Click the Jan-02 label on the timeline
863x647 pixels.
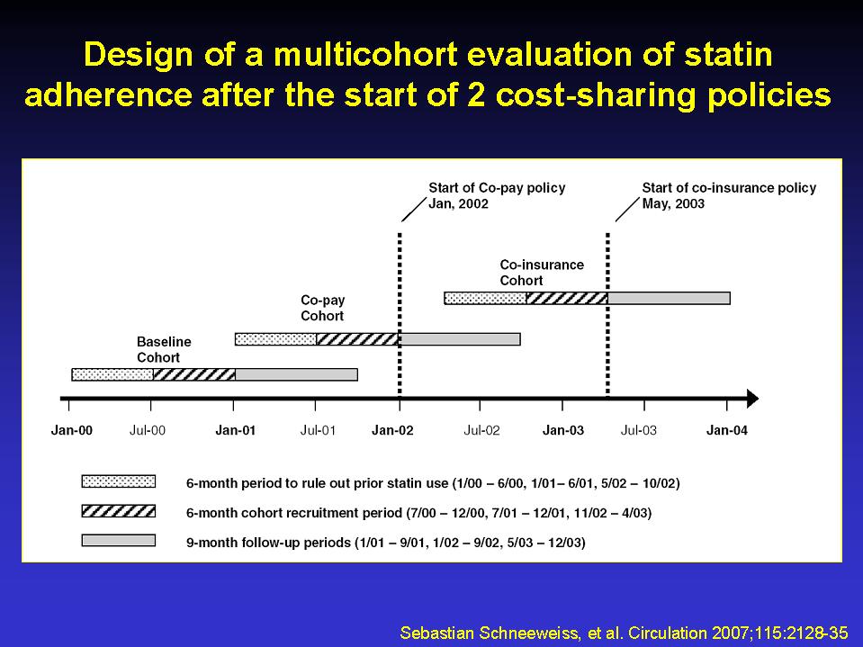[392, 430]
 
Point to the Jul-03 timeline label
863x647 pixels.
[638, 430]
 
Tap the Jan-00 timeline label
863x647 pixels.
[72, 430]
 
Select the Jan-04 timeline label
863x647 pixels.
[727, 430]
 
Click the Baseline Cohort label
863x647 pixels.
[164, 349]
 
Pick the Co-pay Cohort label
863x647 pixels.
[322, 308]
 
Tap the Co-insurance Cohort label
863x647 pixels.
[542, 273]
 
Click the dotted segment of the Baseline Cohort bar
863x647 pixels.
[112, 374]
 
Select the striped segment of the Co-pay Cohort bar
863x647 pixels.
[358, 339]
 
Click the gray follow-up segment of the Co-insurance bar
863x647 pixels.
[670, 298]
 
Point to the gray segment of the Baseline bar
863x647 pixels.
[296, 374]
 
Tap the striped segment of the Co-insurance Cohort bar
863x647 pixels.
[568, 298]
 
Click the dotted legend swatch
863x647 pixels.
[118, 481]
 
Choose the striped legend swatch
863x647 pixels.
[118, 511]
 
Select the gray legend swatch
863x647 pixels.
[118, 540]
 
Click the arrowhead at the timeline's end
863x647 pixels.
[753, 399]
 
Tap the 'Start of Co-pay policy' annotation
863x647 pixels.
[497, 188]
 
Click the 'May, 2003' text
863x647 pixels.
[673, 203]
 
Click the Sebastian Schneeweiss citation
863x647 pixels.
[625, 633]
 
